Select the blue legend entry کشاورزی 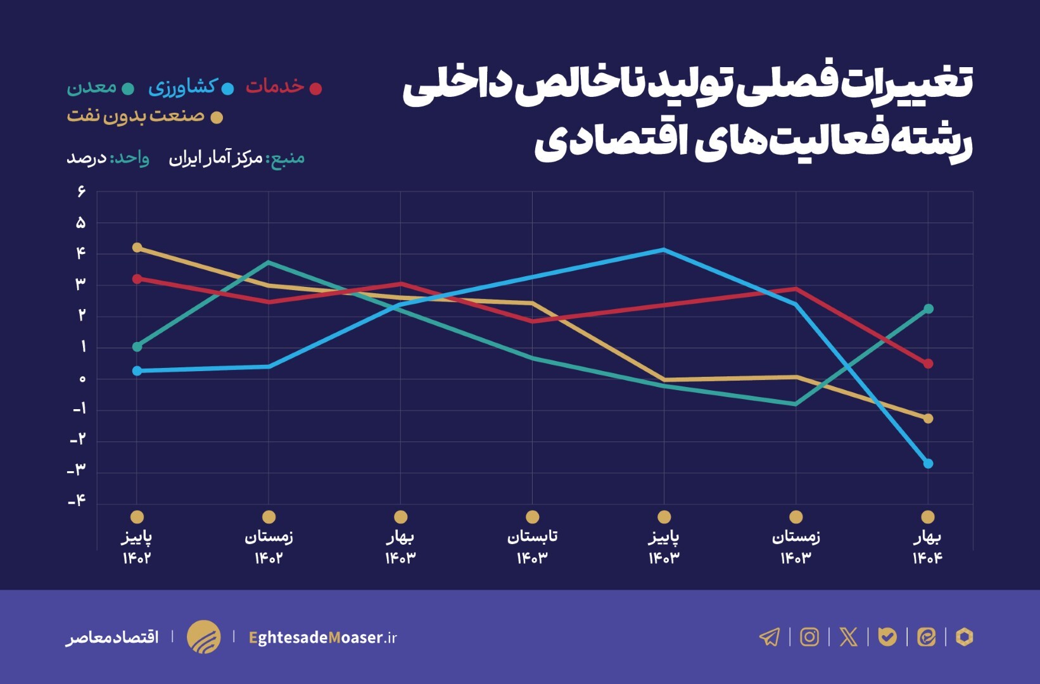pos(184,87)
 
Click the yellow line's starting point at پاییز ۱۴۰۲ pos(137,248)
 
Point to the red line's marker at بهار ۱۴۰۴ pos(928,364)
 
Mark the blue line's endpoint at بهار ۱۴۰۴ pos(928,464)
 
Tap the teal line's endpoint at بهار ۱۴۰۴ pos(928,309)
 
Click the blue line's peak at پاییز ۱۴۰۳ pos(664,250)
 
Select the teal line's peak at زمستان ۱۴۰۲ pos(269,262)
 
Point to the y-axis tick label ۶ pos(81,191)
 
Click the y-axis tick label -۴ pos(77,501)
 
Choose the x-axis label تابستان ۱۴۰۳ pos(532,547)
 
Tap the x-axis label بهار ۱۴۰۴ pos(927,547)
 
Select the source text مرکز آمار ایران pos(215,158)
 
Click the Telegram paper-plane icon pos(770,636)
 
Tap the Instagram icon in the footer pos(809,636)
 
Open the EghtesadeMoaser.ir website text pos(323,637)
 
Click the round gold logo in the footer pos(204,636)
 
